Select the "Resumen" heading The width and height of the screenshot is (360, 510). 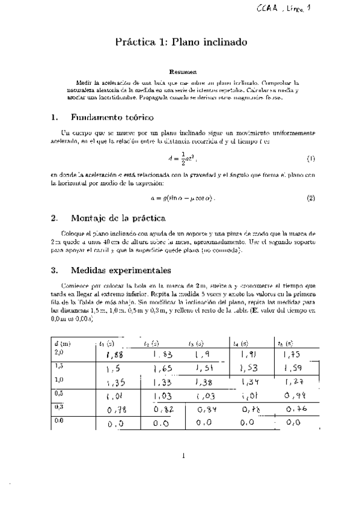point(180,71)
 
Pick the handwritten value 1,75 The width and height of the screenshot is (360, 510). point(293,355)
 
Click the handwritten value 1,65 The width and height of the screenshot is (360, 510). point(163,367)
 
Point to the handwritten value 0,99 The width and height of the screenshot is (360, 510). point(294,396)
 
